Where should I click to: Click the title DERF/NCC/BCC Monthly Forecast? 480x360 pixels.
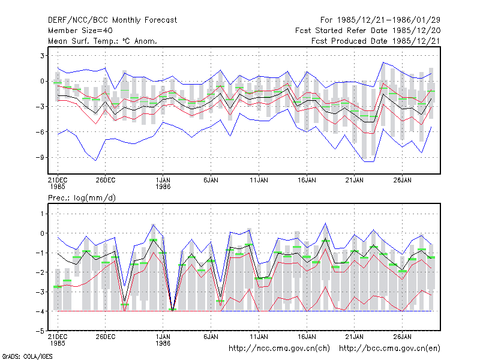(112, 20)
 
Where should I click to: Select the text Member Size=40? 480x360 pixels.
(80, 31)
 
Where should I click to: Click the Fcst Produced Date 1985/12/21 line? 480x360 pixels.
(376, 41)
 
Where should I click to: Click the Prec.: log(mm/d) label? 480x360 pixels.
(82, 198)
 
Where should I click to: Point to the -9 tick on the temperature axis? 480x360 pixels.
(41, 157)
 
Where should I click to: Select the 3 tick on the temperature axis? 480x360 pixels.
(43, 56)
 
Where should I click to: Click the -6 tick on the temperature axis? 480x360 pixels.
(41, 132)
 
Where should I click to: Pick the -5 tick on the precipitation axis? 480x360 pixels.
(41, 331)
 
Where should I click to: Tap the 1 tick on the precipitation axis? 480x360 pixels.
(43, 214)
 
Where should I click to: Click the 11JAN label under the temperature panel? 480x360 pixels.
(259, 181)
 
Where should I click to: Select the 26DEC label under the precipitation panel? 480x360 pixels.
(106, 337)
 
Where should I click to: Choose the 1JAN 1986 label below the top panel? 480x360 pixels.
(163, 183)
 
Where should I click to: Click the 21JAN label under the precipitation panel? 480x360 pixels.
(355, 337)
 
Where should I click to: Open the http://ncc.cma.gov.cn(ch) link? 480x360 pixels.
(279, 349)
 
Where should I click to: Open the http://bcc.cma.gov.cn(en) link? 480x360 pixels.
(389, 349)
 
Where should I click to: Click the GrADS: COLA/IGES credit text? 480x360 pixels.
(27, 356)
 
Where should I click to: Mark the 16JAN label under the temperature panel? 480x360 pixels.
(307, 181)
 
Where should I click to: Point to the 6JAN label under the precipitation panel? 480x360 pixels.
(211, 337)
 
